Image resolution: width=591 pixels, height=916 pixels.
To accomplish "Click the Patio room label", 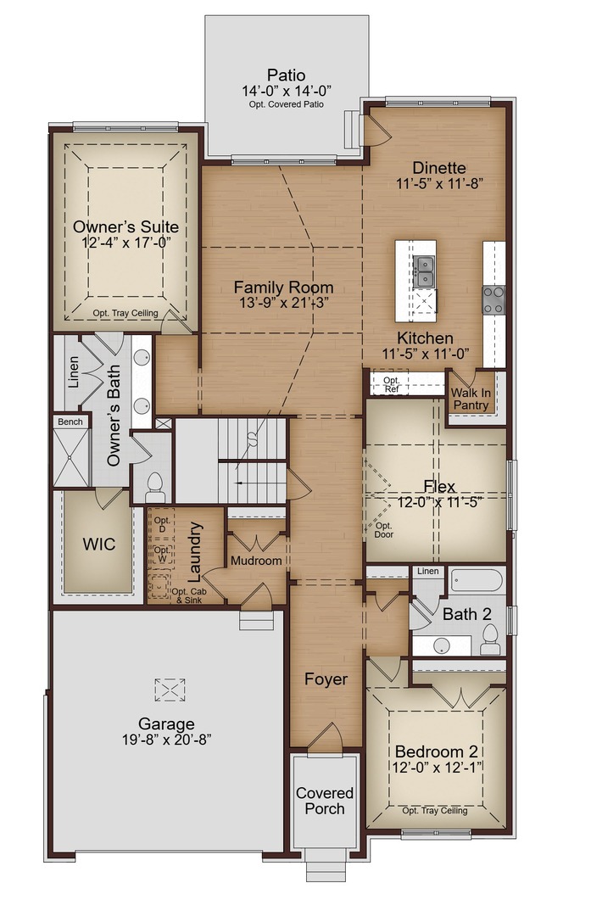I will (x=286, y=75).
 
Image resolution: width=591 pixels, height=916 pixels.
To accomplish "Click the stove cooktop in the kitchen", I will (x=493, y=299).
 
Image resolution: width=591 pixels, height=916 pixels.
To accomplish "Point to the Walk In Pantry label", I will (x=470, y=399).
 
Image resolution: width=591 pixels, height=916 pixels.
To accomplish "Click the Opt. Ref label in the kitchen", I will (x=391, y=385).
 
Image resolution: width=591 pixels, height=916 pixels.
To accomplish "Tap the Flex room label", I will (x=440, y=487).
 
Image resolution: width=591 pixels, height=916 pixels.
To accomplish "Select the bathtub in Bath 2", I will (x=476, y=581).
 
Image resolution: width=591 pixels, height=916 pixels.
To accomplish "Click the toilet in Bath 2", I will (x=491, y=645).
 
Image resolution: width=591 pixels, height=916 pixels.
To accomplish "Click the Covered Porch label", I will (x=325, y=801).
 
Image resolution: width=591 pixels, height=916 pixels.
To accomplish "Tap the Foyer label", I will (x=326, y=679).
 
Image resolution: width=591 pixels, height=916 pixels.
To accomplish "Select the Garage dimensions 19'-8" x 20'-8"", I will (x=167, y=739).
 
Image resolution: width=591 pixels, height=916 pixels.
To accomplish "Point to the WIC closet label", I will (x=98, y=544).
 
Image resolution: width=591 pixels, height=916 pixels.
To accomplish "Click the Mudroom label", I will (x=256, y=561).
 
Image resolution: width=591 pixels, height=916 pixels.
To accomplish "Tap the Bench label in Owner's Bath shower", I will (x=69, y=422).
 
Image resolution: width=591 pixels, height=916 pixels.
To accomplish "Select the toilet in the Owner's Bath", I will (x=155, y=486).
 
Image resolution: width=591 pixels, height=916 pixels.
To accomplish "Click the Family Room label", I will (x=283, y=288).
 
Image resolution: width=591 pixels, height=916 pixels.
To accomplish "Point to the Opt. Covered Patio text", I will (x=286, y=105).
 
